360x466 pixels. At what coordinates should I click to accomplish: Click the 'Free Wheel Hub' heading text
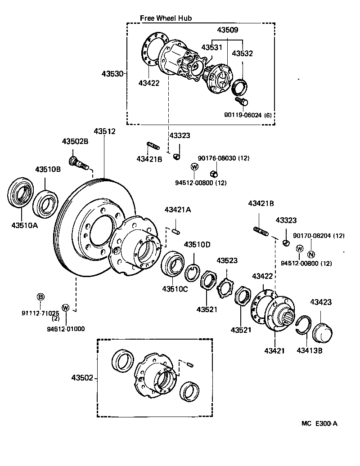pos(166,18)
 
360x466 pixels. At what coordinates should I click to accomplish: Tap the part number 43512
pos(104,131)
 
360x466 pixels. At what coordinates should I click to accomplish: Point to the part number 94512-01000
pos(66,328)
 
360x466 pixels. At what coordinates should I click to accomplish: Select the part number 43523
pos(228,260)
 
